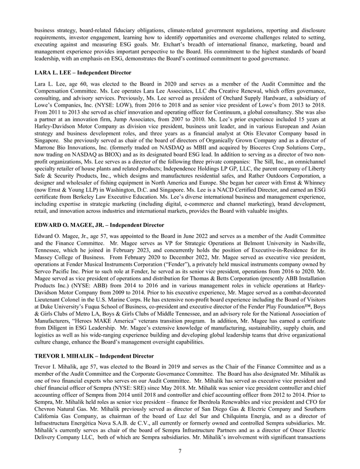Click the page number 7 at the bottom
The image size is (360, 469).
click(180, 450)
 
